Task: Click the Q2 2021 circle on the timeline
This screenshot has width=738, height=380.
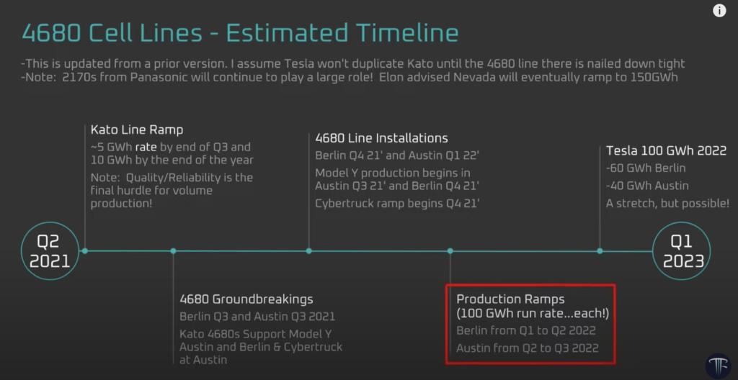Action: pos(50,250)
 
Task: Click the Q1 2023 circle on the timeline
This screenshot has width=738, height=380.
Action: pos(681,250)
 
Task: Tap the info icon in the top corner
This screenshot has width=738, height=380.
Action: pos(719,11)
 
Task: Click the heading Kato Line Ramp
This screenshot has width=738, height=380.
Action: pos(137,130)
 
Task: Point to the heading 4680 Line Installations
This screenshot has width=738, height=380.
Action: pos(381,138)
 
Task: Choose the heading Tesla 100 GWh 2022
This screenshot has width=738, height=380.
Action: pos(666,150)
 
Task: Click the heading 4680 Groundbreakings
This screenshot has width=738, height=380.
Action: pos(246,299)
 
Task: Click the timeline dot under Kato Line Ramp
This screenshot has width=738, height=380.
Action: pos(85,250)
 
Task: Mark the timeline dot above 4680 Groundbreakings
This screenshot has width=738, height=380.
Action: pos(173,250)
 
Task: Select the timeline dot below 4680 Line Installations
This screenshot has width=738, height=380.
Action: pos(309,250)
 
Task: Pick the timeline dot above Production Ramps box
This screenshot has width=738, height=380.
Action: pos(450,250)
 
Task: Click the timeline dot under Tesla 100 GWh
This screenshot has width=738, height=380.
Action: pos(600,250)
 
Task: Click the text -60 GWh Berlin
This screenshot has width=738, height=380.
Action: pos(646,168)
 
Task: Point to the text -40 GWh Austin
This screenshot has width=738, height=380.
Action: pos(647,186)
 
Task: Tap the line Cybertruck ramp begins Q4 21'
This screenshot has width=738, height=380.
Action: pos(398,204)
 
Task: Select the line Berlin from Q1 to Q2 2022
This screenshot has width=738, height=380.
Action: pos(526,331)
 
